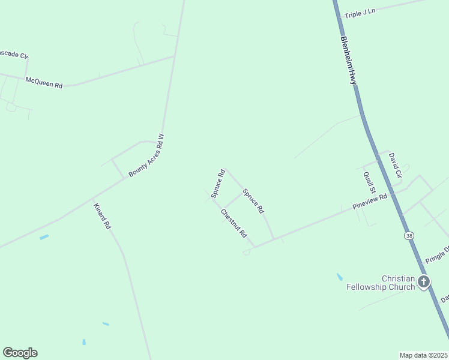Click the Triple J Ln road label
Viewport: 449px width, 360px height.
359,12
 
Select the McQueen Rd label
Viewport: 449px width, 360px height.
44,83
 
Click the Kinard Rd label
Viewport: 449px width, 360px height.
102,217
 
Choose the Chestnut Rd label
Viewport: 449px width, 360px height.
234,223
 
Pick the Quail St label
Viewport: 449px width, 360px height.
369,182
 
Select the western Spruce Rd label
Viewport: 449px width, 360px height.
218,184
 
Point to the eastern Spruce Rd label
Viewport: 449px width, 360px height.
253,201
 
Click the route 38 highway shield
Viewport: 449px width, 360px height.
409,236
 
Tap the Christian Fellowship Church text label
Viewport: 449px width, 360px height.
381,283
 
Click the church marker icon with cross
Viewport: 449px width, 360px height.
424,281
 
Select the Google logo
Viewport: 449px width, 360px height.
20,353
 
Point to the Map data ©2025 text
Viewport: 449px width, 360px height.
423,355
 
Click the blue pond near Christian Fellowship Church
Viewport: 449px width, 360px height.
340,277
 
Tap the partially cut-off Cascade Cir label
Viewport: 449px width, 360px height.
13,55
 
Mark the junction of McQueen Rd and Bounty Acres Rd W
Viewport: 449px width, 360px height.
174,56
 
